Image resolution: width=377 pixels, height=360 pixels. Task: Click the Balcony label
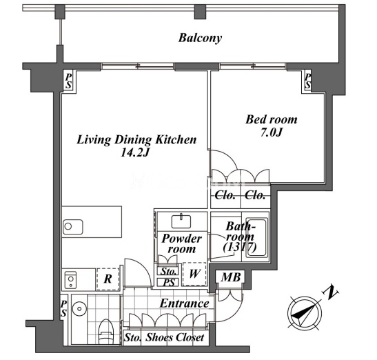200,39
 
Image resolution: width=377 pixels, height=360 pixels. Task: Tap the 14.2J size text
135,152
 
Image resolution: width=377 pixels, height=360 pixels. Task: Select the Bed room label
272,119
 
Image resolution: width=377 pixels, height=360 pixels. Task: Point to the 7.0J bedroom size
272,132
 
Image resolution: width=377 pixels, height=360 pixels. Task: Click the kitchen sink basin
73,227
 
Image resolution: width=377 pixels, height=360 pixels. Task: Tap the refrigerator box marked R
108,279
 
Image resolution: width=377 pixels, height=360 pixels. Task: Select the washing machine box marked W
194,274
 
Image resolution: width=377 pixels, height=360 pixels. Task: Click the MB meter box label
231,277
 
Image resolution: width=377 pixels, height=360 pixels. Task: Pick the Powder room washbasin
181,221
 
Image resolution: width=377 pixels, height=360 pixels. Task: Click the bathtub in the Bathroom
257,237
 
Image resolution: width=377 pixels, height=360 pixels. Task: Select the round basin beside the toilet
79,308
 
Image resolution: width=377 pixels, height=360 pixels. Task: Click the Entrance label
185,303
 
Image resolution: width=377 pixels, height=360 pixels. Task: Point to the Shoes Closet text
175,337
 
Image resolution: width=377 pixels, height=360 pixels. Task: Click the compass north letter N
330,292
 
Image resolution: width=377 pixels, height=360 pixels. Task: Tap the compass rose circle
305,313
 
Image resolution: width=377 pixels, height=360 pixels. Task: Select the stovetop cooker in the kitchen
71,279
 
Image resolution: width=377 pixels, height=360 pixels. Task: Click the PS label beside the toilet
63,309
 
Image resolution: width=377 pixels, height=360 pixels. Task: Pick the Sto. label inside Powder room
168,272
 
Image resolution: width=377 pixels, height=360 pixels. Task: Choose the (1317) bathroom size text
240,247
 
